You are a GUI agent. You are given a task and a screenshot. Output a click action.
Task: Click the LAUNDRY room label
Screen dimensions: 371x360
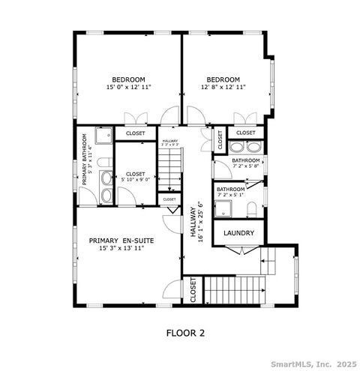click(239, 233)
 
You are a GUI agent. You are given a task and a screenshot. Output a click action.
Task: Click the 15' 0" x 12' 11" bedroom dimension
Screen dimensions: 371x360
click(129, 88)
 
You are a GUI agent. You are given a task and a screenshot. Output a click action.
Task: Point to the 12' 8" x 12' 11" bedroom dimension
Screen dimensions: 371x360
click(223, 88)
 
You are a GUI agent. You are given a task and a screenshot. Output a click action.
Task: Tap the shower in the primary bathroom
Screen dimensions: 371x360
click(104, 136)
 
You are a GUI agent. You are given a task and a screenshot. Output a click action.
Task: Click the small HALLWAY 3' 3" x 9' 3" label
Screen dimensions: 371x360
click(169, 142)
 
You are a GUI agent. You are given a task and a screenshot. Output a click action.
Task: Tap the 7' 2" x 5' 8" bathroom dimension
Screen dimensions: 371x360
click(245, 166)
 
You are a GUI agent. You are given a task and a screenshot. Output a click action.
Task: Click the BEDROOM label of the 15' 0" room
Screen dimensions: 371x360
click(129, 79)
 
